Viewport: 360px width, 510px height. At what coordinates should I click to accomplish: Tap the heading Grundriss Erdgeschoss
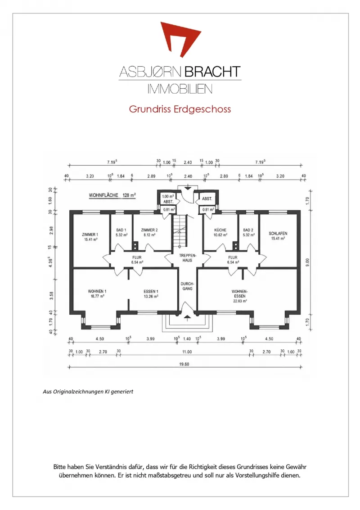[180, 109]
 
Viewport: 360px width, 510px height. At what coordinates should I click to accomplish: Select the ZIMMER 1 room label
[90, 237]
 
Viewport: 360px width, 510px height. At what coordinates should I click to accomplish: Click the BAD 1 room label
[121, 232]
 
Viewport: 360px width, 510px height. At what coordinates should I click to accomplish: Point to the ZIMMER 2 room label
[149, 232]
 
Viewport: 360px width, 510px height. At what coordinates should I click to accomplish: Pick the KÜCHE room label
[220, 232]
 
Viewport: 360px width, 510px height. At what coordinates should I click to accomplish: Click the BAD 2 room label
[248, 232]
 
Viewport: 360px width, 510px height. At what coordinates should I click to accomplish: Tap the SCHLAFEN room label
[278, 236]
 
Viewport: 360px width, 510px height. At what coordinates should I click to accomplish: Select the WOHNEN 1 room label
[97, 293]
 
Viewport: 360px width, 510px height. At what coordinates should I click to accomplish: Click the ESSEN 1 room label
[151, 293]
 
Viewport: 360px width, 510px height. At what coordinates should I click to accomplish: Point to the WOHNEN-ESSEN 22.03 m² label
[240, 296]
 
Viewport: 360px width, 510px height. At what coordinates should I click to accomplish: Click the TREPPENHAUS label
[187, 258]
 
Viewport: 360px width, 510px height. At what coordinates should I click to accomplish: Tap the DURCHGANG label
[187, 286]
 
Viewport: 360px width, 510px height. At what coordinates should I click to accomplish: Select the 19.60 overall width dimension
[184, 364]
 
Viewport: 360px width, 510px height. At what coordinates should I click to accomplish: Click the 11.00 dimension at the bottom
[187, 352]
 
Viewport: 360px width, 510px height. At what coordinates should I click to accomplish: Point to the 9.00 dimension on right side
[308, 262]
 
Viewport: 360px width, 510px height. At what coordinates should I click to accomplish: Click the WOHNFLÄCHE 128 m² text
[112, 195]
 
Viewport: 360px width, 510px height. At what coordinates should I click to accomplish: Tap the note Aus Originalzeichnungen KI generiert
[88, 392]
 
